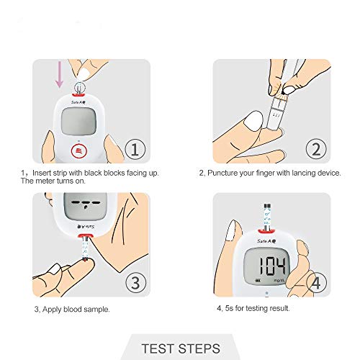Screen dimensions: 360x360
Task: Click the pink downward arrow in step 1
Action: click(x=59, y=74)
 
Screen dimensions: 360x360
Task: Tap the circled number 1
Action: click(x=135, y=149)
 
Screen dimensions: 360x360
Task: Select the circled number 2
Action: click(x=316, y=149)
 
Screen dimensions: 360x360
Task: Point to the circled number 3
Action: click(x=136, y=282)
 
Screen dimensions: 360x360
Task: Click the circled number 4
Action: click(x=316, y=282)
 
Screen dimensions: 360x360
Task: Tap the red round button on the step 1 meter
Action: click(x=79, y=150)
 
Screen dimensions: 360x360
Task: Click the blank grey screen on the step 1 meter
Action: click(x=78, y=121)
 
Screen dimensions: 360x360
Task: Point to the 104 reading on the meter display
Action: click(x=272, y=266)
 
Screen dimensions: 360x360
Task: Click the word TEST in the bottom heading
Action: click(x=158, y=348)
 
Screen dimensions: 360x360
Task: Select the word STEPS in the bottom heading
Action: click(x=199, y=348)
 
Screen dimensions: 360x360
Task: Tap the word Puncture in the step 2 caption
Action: click(x=222, y=173)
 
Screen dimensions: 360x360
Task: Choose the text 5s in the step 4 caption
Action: click(x=229, y=308)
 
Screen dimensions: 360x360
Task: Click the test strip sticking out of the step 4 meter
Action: click(x=267, y=217)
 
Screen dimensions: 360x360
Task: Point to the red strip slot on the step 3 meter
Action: click(x=85, y=236)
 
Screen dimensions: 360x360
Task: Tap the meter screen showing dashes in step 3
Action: click(x=85, y=206)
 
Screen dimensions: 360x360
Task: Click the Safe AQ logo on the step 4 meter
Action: click(x=266, y=241)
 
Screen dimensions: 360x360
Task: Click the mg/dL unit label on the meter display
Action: click(x=279, y=280)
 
